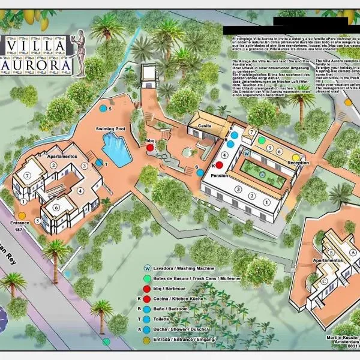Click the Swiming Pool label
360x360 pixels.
[110, 129]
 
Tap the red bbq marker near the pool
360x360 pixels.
[150, 147]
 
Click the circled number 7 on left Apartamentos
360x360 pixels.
[28, 176]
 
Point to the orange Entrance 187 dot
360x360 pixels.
[22, 215]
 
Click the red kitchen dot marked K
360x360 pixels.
[219, 165]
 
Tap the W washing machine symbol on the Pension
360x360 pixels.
[247, 153]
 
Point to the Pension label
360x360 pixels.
[218, 175]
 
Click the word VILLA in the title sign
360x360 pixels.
[37, 46]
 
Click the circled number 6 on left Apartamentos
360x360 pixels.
[56, 208]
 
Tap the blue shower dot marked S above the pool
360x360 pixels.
[103, 109]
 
